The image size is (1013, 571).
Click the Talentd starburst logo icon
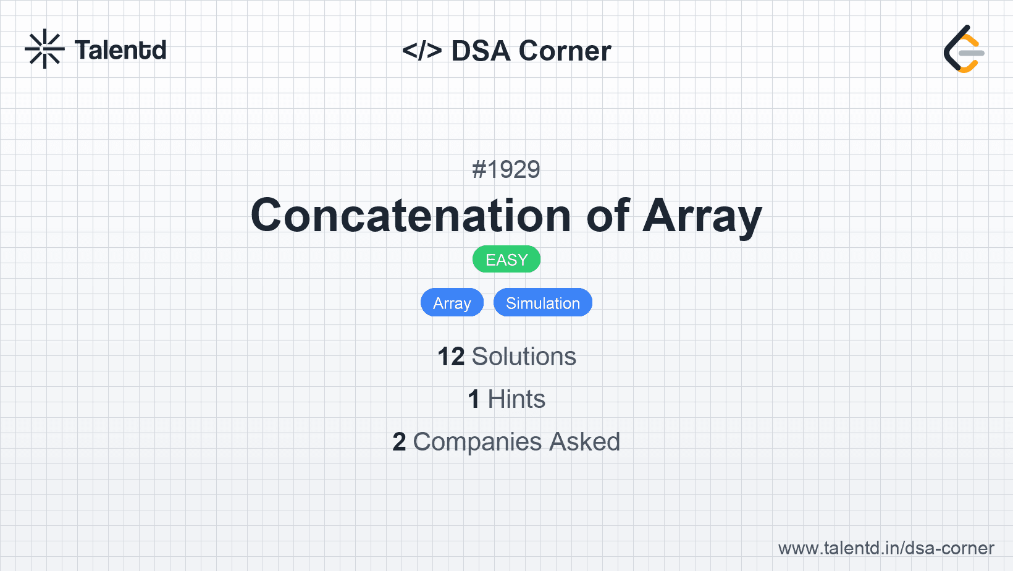pos(44,49)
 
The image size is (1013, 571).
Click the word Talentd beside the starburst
pos(120,50)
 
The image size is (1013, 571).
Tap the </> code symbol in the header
pos(422,51)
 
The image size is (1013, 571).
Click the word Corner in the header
pos(565,51)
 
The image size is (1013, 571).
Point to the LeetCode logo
pos(964,49)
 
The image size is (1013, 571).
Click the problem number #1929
pos(506,170)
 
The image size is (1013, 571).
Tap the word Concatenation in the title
pos(411,216)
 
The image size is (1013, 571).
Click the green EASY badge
pos(506,260)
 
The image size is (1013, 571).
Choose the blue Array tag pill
pos(452,302)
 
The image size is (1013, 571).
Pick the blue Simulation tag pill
pos(543,302)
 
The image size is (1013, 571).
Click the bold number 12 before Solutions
pos(451,357)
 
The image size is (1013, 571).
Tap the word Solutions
pos(524,357)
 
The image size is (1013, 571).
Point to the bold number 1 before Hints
pos(474,399)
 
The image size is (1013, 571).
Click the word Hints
pos(516,399)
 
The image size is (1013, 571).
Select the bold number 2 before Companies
pos(399,442)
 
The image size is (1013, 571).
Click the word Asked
pos(585,442)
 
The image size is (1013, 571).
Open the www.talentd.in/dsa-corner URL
pos(886,548)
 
